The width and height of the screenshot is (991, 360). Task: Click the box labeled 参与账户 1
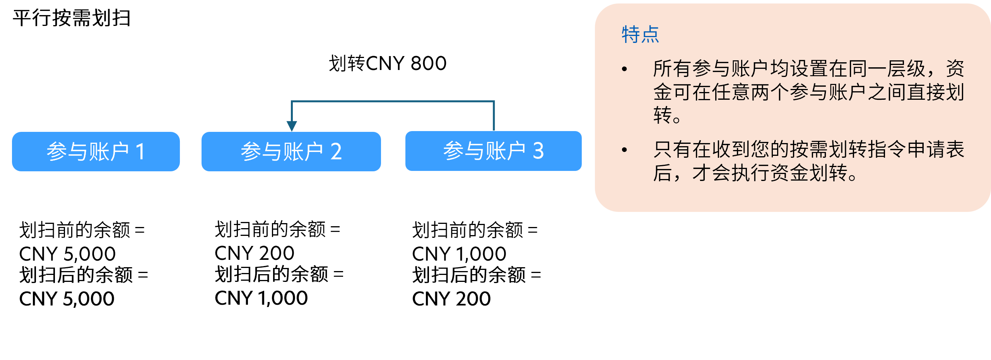[x=96, y=152]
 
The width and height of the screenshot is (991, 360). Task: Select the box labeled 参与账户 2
[x=291, y=152]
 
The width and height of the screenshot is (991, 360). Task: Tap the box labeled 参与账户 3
[x=493, y=151]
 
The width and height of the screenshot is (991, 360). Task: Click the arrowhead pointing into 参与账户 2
[x=292, y=126]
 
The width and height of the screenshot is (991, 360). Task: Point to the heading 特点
[x=640, y=35]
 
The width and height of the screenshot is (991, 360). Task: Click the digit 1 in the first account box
[x=140, y=152]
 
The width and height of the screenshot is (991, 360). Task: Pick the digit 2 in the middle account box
[x=336, y=152]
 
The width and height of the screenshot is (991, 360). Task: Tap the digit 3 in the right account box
[x=538, y=151]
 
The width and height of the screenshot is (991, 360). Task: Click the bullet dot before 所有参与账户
[x=624, y=69]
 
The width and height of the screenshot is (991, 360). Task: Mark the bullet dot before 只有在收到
[x=624, y=150]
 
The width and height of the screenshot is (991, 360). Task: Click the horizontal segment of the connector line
[x=393, y=102]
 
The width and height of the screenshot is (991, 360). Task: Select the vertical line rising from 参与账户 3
[x=494, y=116]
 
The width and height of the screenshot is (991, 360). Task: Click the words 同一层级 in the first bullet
[x=886, y=69]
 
